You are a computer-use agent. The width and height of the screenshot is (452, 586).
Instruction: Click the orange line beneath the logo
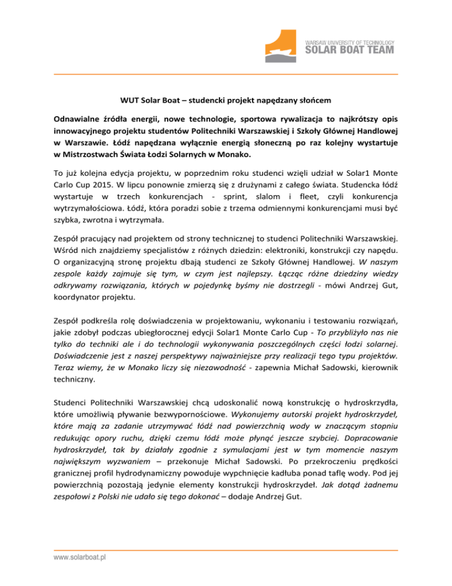pos(226,74)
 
